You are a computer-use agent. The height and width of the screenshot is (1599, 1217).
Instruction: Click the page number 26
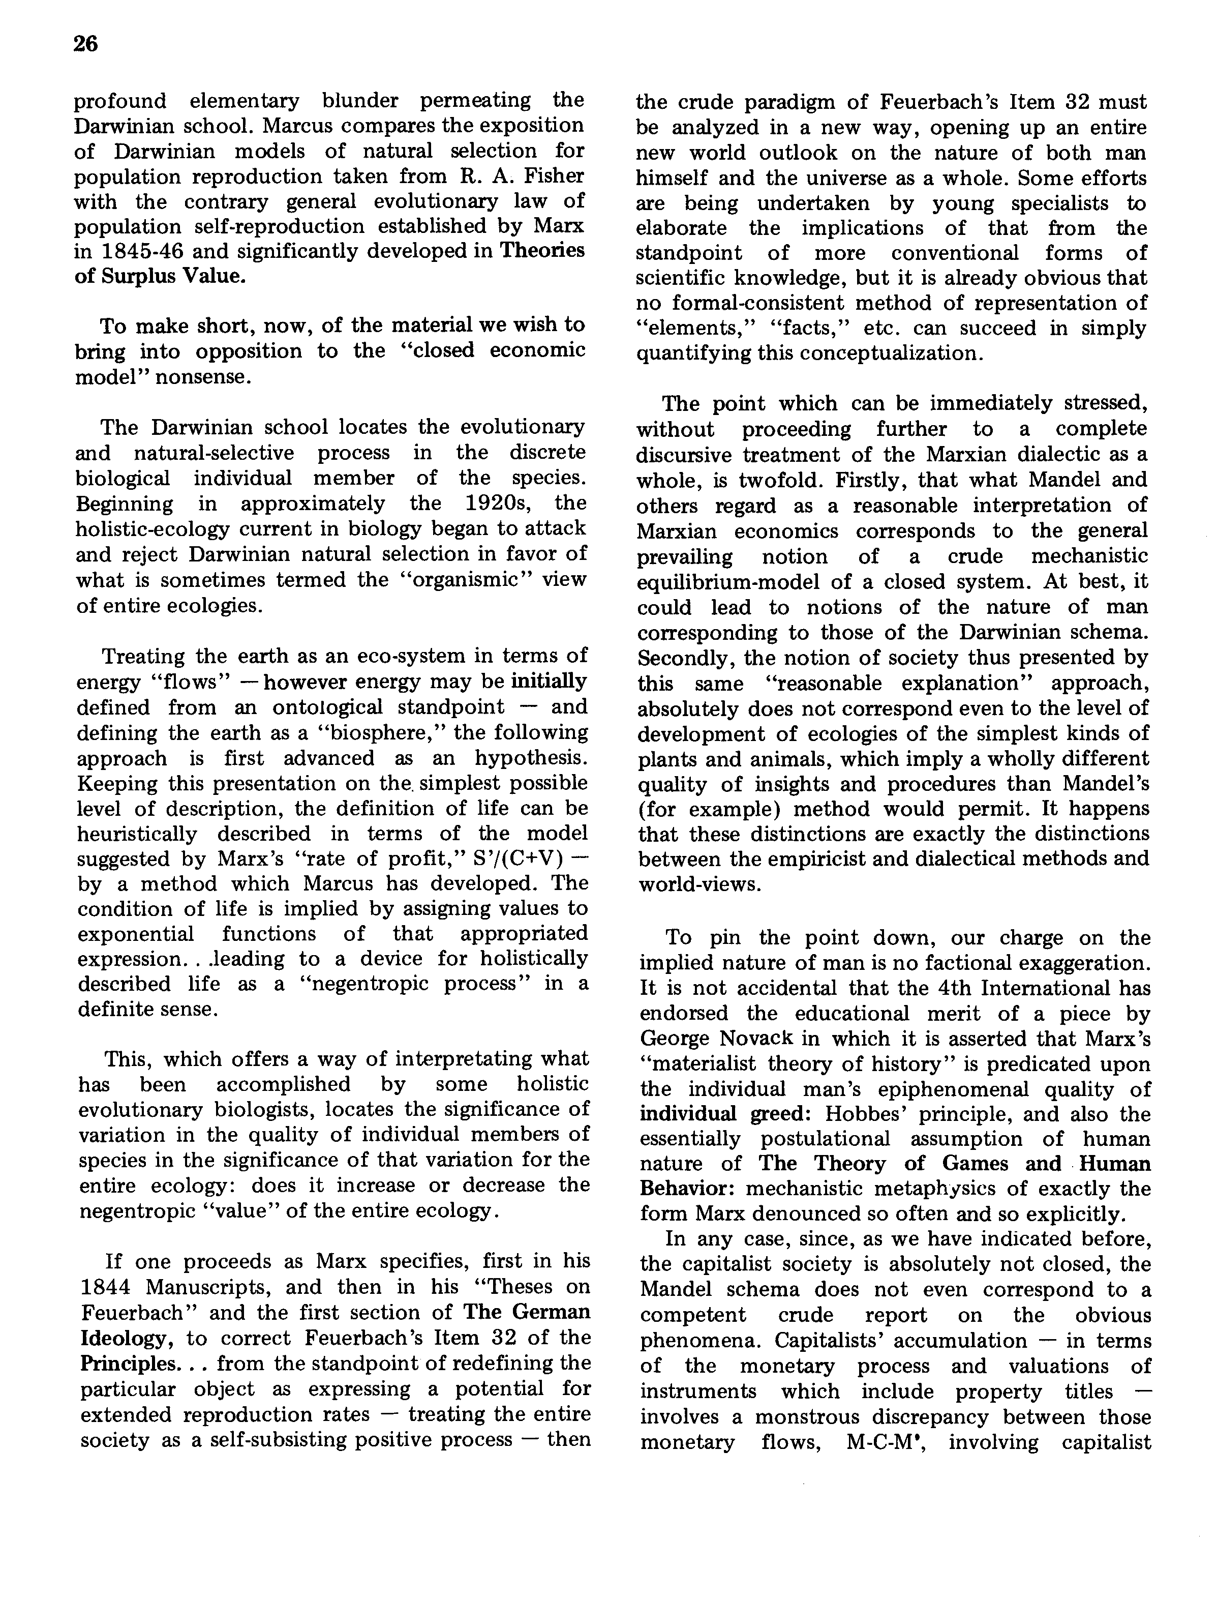pyautogui.click(x=85, y=45)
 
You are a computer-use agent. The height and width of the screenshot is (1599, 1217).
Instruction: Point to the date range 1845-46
pyautogui.click(x=137, y=252)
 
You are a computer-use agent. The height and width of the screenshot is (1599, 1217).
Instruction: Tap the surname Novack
pyautogui.click(x=753, y=1039)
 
